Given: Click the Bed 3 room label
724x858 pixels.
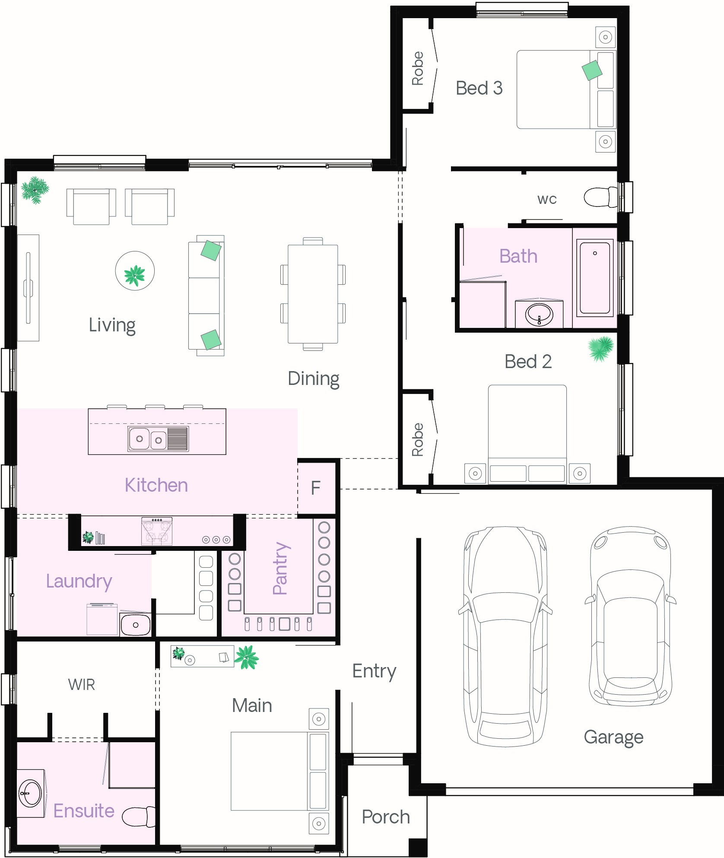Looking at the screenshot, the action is tap(479, 88).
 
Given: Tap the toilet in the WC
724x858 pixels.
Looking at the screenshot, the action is tap(600, 197).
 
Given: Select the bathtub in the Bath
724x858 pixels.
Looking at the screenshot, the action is tap(595, 278).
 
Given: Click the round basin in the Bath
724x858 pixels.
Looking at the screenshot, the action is tap(539, 314).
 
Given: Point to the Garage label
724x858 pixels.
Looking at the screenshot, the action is tap(613, 737).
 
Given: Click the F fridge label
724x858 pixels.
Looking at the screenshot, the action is tap(316, 488).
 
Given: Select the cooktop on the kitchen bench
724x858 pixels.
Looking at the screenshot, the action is tap(157, 531).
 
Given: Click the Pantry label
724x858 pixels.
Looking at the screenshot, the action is tap(280, 569).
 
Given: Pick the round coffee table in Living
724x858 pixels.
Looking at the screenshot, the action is tap(135, 271).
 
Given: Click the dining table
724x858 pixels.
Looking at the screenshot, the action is tap(313, 294).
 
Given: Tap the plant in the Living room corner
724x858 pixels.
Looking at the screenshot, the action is tap(35, 190).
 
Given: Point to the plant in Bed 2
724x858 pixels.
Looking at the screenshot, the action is tap(601, 348).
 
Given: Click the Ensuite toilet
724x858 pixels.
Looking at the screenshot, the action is tap(139, 817).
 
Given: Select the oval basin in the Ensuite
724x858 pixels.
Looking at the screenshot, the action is tap(31, 793).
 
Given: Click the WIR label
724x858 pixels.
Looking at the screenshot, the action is tap(82, 685).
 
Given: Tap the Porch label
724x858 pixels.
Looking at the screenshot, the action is tap(386, 817).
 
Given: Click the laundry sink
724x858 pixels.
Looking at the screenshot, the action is tap(135, 625).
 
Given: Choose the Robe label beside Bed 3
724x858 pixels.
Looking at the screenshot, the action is tap(418, 68).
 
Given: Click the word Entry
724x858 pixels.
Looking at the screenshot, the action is tap(374, 671).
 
